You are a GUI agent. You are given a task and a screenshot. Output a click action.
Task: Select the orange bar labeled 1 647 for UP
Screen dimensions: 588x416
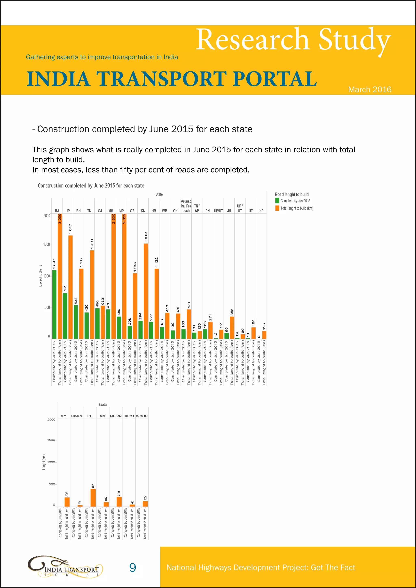[x=70, y=287]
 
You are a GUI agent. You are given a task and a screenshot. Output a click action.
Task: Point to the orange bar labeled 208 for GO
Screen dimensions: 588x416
[x=67, y=502]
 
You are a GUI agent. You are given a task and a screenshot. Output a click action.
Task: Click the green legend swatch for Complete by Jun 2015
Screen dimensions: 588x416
[x=277, y=201]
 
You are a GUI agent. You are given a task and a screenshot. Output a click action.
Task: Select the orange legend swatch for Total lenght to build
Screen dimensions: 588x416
[x=277, y=208]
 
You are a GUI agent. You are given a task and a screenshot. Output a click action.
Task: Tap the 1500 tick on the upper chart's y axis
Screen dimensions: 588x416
[x=47, y=245]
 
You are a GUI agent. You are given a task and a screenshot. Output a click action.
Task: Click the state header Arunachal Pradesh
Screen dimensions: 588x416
[x=186, y=206]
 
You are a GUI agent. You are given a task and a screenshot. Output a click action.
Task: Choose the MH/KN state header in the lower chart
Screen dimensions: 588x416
[x=116, y=416]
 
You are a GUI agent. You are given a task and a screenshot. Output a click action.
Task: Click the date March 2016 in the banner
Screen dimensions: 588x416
[x=370, y=89]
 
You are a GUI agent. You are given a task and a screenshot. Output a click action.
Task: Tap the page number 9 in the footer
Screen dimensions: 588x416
[x=132, y=567]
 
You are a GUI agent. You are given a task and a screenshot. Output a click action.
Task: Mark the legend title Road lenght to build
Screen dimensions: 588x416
[x=291, y=194]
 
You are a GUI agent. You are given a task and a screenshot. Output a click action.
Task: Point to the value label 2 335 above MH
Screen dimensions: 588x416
[x=114, y=219]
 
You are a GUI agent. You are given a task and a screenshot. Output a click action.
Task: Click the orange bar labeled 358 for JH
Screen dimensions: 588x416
[x=232, y=328]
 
